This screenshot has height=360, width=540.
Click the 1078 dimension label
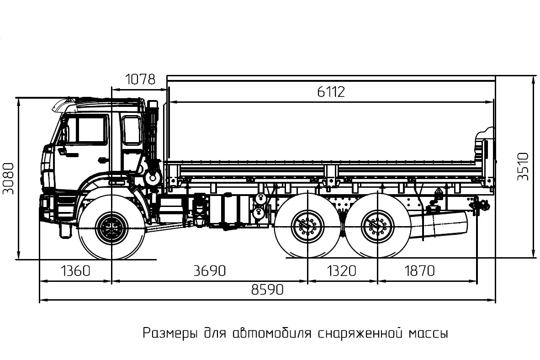coord(140,79)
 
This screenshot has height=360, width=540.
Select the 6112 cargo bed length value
coord(331,92)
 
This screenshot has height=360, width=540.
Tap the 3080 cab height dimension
coord(8,178)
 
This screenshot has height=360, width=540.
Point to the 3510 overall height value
coord(523,167)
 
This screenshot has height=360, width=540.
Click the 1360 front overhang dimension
coord(75,271)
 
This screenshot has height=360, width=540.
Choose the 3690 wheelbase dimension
coord(210,271)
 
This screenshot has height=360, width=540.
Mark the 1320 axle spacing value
coord(342,271)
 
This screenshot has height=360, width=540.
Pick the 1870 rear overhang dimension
coord(419,271)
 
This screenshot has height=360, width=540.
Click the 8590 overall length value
coord(268,290)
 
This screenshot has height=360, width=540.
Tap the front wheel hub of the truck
coord(111,227)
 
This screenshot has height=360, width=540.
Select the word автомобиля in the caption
coord(272,333)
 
